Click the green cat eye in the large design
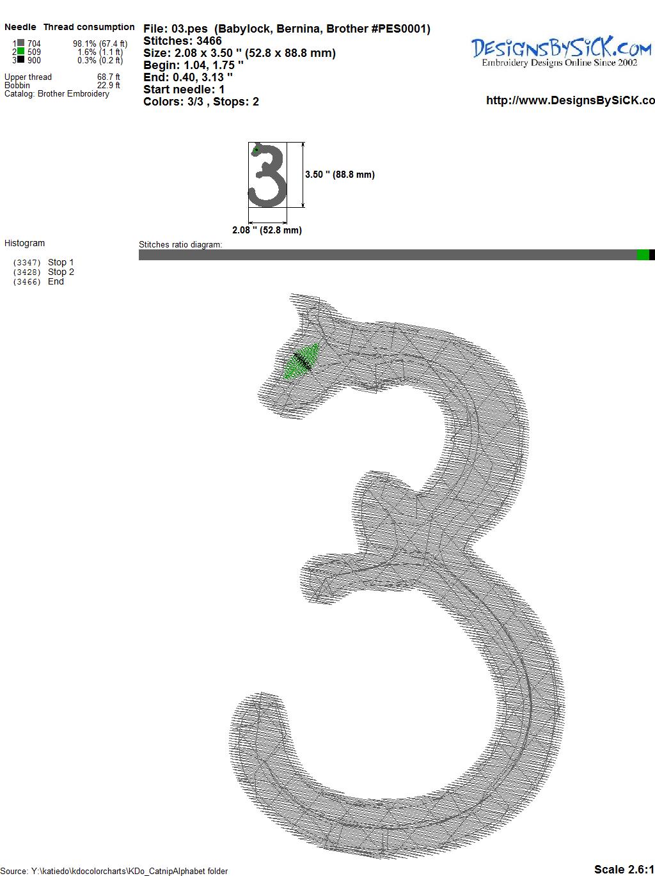pos(301,361)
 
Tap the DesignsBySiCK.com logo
pos(561,52)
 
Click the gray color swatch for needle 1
pos(21,43)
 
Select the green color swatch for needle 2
pos(21,51)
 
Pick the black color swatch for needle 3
pos(21,59)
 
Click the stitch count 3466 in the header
pos(209,41)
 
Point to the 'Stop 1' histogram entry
pos(61,262)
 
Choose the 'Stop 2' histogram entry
pos(61,272)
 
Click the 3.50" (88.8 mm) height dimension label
pos(340,175)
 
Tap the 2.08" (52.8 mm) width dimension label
pos(267,230)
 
